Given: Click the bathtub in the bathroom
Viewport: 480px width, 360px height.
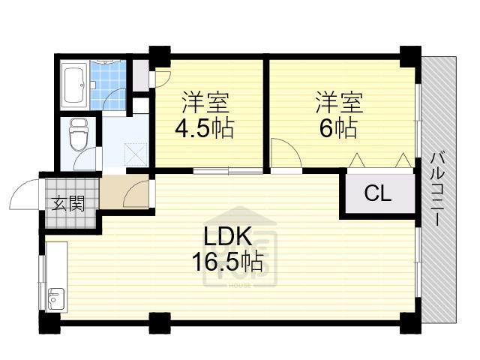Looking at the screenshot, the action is [x=74, y=85].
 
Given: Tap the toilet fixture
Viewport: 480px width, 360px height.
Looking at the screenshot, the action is [x=79, y=135].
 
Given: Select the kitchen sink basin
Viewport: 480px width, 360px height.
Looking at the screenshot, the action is [x=56, y=299].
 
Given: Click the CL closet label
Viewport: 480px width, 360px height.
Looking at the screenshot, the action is [x=378, y=193].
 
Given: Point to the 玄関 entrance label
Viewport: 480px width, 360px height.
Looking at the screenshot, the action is [x=68, y=203].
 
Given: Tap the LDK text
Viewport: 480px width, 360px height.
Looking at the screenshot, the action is [x=228, y=236].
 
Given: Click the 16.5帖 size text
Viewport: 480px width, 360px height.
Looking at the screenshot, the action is [x=227, y=262].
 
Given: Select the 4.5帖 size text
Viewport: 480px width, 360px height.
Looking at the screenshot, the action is [x=205, y=127].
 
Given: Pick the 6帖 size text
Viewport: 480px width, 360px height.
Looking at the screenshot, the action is [x=338, y=127].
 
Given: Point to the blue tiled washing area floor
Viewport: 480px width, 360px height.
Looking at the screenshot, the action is [x=108, y=85].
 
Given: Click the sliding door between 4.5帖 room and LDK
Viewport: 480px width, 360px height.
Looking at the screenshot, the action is [x=228, y=171].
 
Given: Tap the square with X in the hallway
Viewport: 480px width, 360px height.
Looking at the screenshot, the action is [x=136, y=155].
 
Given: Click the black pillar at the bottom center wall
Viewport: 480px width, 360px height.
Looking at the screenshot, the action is [x=160, y=323].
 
